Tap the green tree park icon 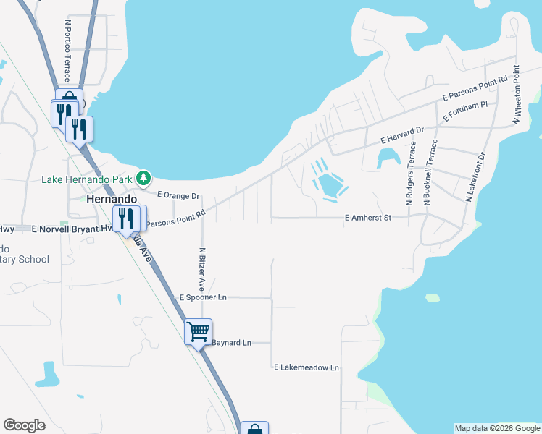tap(144, 177)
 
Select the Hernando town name tap(112, 198)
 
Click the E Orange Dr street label tap(178, 196)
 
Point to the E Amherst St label tap(367, 217)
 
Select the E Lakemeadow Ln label tap(307, 367)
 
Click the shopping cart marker tap(199, 332)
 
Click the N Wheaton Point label tap(517, 95)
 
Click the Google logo tap(25, 425)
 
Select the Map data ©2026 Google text tap(497, 428)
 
